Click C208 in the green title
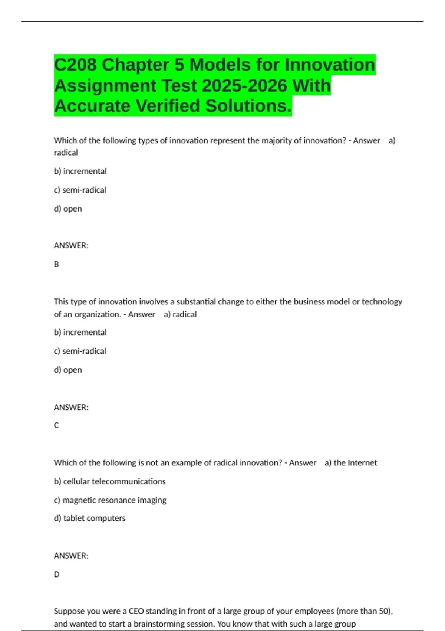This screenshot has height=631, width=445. (x=75, y=65)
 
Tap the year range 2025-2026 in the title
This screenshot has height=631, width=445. (x=244, y=86)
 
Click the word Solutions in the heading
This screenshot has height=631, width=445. (x=248, y=106)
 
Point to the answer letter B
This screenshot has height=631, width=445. (x=56, y=264)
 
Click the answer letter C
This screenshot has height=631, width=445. (x=56, y=425)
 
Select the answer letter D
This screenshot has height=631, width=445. (x=57, y=575)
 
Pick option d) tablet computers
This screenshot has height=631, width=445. (x=90, y=518)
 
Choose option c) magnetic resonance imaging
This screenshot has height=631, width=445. (x=110, y=500)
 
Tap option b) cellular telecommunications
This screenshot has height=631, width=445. (x=110, y=481)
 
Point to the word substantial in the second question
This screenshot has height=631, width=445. (x=196, y=302)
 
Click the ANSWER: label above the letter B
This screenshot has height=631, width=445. (x=71, y=246)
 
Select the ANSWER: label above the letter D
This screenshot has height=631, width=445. (x=71, y=556)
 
